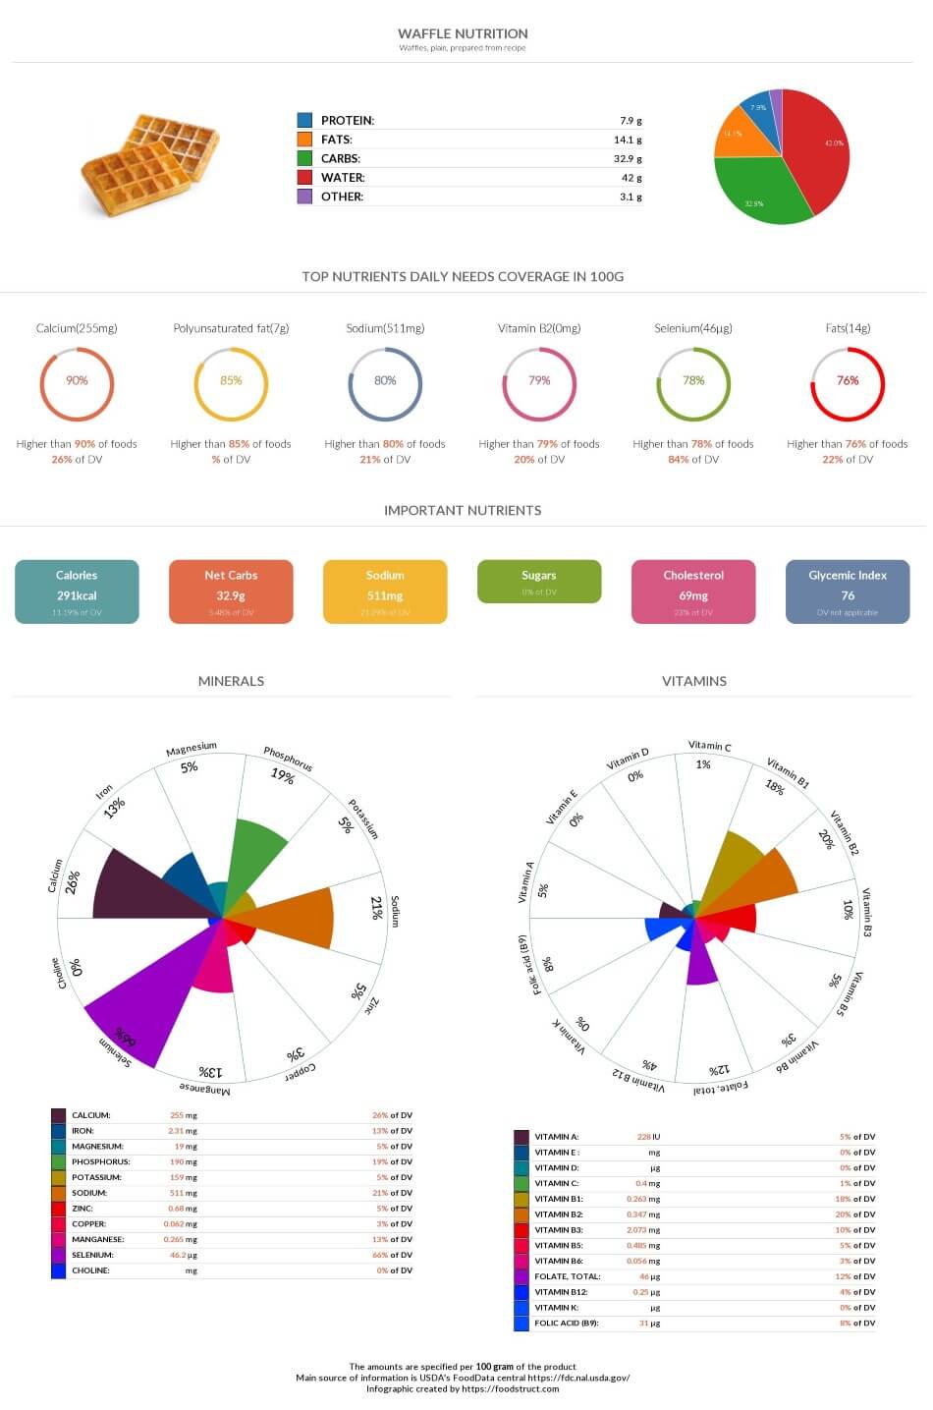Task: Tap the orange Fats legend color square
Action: [304, 140]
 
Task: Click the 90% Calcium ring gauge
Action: [77, 384]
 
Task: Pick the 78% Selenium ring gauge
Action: [693, 384]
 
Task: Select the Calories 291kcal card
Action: [77, 592]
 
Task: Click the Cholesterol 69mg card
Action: [693, 592]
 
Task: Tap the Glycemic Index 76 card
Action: [848, 592]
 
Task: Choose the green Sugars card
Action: [539, 581]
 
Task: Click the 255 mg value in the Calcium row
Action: [184, 1115]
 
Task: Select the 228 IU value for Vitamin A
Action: [648, 1137]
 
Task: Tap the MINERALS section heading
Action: [231, 681]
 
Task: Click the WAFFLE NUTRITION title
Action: [463, 33]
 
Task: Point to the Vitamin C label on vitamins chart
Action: [709, 747]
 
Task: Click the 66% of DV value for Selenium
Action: [392, 1255]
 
